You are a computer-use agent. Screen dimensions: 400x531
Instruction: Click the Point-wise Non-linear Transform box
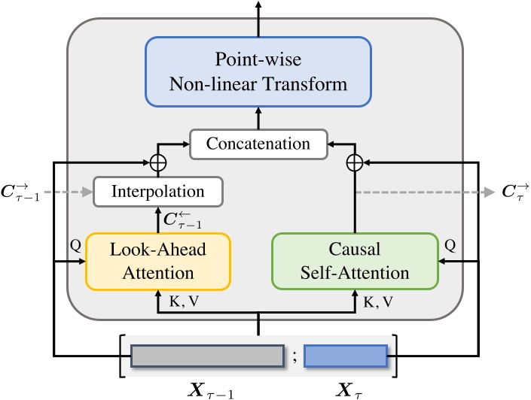tap(258, 71)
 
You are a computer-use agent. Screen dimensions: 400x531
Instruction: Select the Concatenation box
tap(258, 144)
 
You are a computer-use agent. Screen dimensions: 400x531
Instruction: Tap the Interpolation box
tap(158, 192)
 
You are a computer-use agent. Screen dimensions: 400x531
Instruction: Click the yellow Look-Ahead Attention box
tap(158, 261)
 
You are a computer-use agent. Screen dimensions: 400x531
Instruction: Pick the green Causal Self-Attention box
tap(354, 261)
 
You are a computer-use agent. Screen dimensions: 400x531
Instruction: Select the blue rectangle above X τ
tap(346, 356)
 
